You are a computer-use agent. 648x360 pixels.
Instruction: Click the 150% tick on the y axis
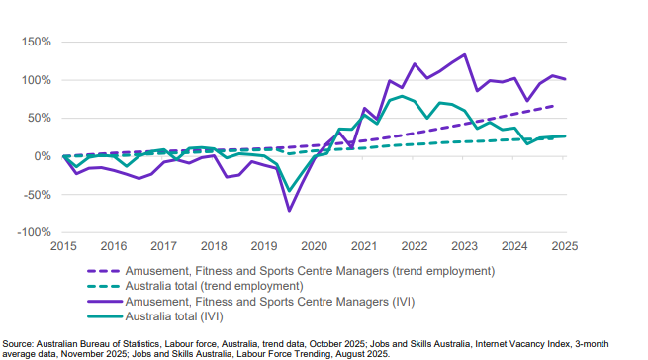click(x=34, y=43)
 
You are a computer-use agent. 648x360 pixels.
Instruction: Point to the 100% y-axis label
click(x=34, y=80)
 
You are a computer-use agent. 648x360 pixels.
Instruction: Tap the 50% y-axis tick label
click(x=37, y=119)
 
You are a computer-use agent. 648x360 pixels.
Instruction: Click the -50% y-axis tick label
click(x=35, y=194)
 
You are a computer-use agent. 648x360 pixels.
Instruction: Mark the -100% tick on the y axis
click(x=32, y=232)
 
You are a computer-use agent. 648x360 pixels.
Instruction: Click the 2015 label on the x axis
click(x=64, y=246)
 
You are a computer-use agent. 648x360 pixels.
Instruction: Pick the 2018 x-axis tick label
click(x=215, y=246)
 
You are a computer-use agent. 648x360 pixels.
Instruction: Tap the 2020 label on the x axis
click(x=316, y=246)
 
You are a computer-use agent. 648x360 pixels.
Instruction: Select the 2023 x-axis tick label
click(x=466, y=246)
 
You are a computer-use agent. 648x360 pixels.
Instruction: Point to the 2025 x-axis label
click(x=566, y=246)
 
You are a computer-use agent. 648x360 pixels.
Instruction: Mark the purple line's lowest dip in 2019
click(x=289, y=211)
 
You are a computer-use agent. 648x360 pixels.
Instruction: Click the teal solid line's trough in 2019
click(x=289, y=191)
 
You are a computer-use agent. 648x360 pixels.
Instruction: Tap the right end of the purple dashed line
click(x=553, y=106)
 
